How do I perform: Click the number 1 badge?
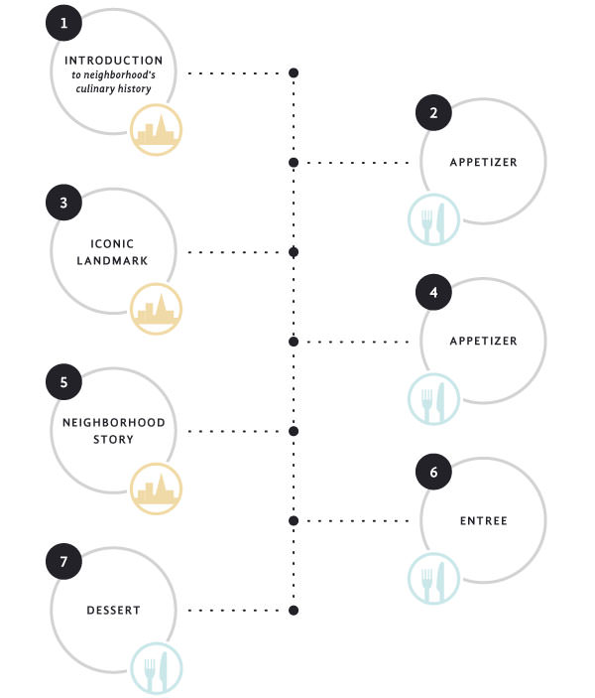[63, 23]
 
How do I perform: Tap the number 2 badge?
[433, 112]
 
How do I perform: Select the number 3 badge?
[63, 203]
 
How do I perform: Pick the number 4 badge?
[433, 292]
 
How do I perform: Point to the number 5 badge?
[63, 382]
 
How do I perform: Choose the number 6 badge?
[433, 472]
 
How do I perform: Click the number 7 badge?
[63, 561]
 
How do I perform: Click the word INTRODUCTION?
[113, 61]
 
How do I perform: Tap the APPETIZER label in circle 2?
[483, 162]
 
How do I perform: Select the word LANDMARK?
[112, 260]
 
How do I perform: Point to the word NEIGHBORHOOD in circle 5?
[113, 422]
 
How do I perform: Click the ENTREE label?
[483, 521]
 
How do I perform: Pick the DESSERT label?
[113, 611]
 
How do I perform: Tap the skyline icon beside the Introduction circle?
[156, 129]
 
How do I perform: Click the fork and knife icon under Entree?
[433, 579]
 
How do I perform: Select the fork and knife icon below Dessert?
[156, 668]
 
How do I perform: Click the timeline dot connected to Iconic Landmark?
[294, 252]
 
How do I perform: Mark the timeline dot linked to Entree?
[294, 521]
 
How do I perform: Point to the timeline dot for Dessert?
[294, 611]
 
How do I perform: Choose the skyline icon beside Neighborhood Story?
[156, 489]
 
